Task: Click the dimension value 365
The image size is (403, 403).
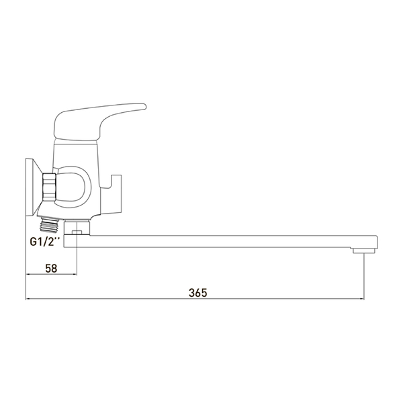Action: tap(197, 292)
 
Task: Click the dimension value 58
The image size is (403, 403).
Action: tap(51, 268)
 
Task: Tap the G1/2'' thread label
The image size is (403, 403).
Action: tap(45, 242)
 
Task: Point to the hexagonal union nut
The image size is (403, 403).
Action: tap(49, 187)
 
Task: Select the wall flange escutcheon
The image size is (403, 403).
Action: tap(34, 187)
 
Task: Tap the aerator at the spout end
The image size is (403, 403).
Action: tap(364, 251)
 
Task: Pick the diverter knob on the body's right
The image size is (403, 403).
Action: tap(111, 195)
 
